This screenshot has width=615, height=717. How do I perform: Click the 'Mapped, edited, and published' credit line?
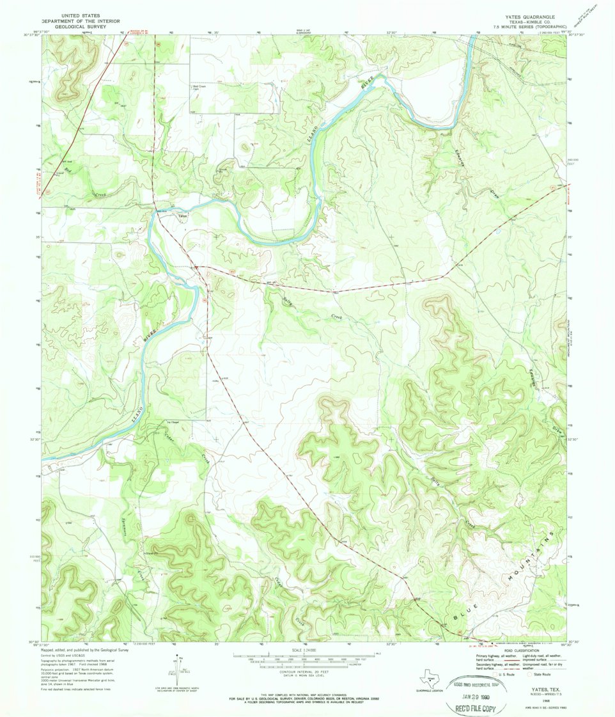click(85, 649)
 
